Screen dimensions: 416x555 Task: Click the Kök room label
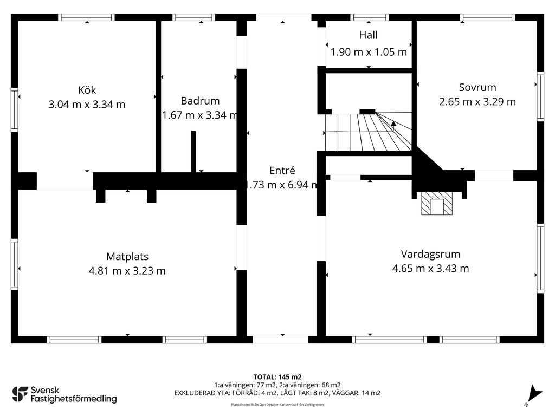pyautogui.click(x=87, y=90)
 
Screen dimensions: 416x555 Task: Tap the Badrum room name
pyautogui.click(x=200, y=101)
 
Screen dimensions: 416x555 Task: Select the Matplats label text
pyautogui.click(x=127, y=257)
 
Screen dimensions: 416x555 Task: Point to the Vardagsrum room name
pyautogui.click(x=430, y=253)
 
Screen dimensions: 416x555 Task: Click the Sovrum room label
pyautogui.click(x=477, y=87)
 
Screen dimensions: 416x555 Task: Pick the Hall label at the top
pyautogui.click(x=368, y=35)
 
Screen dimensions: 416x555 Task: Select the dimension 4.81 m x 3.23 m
pyautogui.click(x=127, y=271)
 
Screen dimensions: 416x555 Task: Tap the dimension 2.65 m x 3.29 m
pyautogui.click(x=477, y=101)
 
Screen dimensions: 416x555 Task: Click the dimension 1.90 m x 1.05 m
pyautogui.click(x=369, y=53)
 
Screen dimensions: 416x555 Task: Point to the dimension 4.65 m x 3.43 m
pyautogui.click(x=430, y=268)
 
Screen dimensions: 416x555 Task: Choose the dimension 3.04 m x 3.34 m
pyautogui.click(x=87, y=105)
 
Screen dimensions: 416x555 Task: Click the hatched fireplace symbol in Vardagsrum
pyautogui.click(x=436, y=204)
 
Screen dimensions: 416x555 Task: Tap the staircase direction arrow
pyautogui.click(x=393, y=124)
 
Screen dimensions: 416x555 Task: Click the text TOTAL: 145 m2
pyautogui.click(x=277, y=377)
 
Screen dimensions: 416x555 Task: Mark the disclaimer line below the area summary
pyautogui.click(x=277, y=405)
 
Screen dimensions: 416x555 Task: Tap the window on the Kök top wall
pyautogui.click(x=87, y=17)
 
